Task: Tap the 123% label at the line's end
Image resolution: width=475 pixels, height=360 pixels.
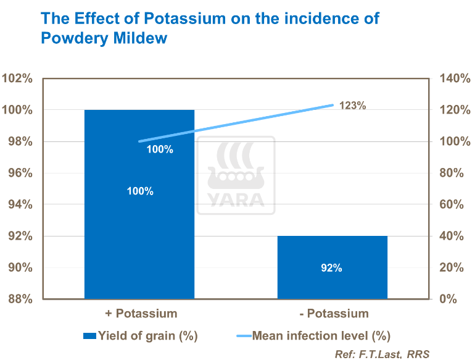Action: click(353, 106)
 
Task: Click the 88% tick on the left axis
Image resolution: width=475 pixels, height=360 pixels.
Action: click(20, 299)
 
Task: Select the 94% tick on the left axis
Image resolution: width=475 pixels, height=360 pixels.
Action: click(20, 204)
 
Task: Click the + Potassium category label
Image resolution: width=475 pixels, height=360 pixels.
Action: click(141, 313)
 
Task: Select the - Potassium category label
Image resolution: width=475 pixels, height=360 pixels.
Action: click(334, 313)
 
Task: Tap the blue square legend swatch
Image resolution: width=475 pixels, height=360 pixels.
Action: click(89, 336)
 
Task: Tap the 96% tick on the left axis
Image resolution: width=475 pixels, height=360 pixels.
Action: click(20, 173)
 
